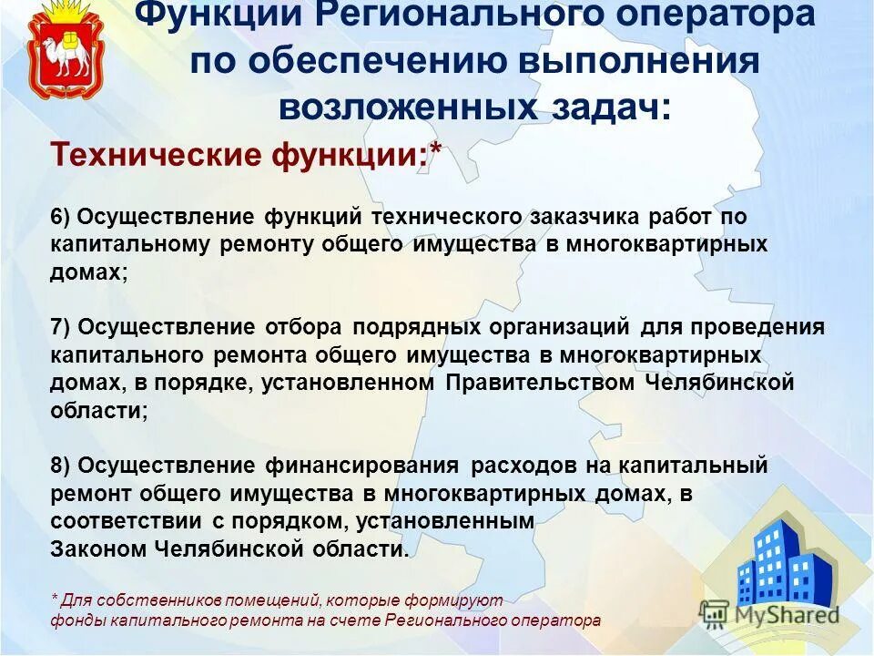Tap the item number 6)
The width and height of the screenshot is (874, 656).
point(61,218)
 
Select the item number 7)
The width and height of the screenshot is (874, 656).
point(61,327)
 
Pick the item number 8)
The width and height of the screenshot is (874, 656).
point(61,466)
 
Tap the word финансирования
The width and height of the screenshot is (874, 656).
point(361,466)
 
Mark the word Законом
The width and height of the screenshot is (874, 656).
point(98,549)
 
